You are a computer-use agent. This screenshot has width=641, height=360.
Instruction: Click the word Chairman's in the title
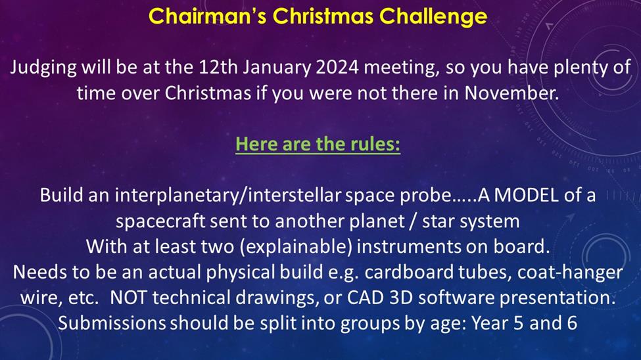[x=207, y=16]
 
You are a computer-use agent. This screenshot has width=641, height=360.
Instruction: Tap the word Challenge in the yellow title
[x=433, y=17]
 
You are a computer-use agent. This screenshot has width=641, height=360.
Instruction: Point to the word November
[x=511, y=93]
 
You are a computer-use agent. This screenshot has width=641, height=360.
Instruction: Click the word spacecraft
[x=160, y=222]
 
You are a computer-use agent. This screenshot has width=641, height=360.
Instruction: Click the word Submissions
[x=112, y=323]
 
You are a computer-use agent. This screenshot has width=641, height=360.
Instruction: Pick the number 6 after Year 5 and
[x=572, y=323]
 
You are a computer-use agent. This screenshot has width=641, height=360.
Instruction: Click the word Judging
[x=43, y=68]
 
